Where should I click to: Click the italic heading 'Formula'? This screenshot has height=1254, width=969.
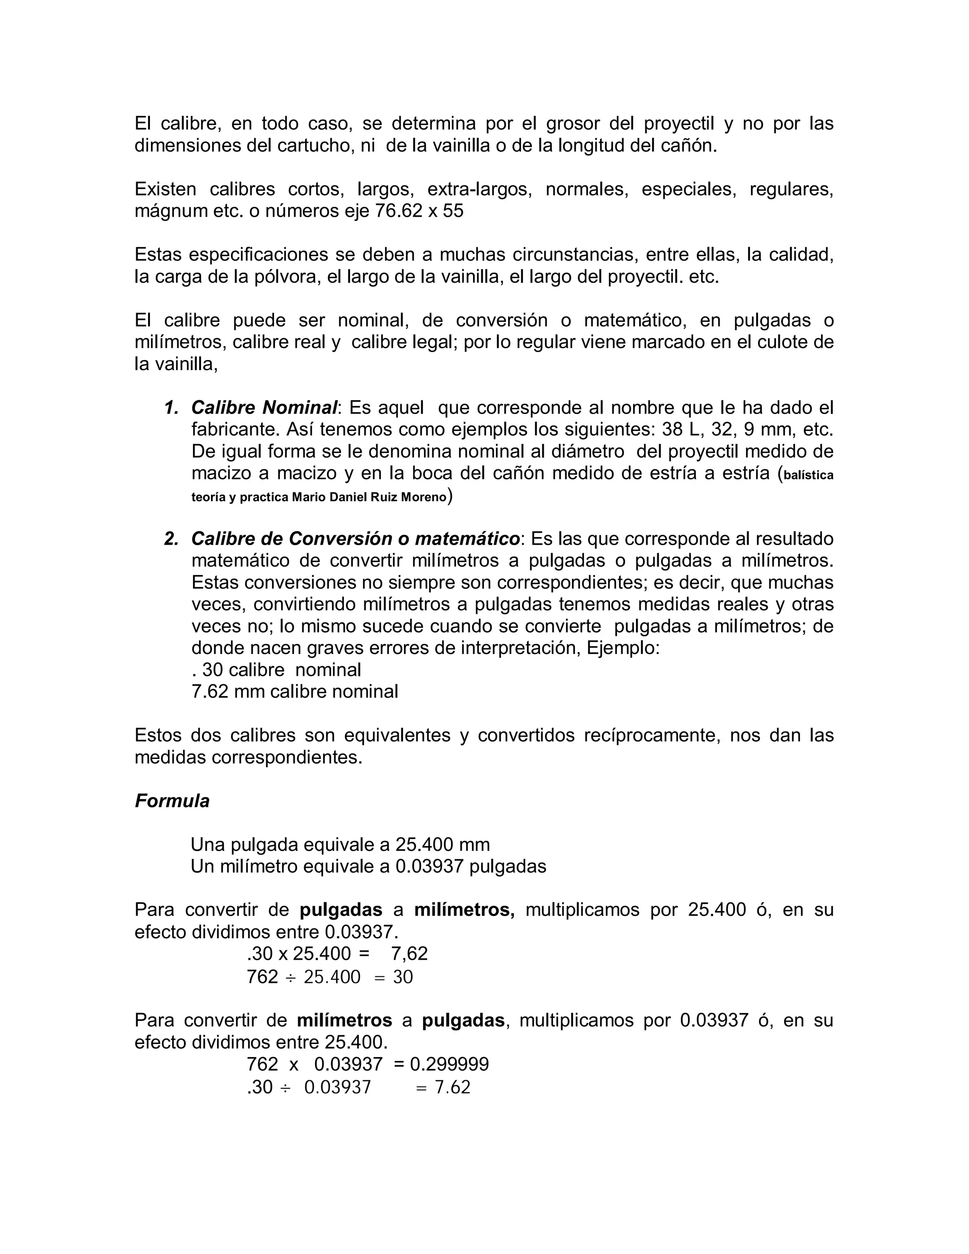click(x=172, y=801)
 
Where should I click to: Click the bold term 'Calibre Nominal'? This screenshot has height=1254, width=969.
click(x=264, y=407)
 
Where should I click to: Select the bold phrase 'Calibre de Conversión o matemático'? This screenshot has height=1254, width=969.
click(x=355, y=539)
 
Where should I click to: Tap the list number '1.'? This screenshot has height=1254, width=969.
click(x=171, y=407)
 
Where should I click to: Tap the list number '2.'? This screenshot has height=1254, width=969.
click(x=171, y=539)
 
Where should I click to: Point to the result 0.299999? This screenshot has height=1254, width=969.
click(x=449, y=1064)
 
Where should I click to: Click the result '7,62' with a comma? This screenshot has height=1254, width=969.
click(x=409, y=954)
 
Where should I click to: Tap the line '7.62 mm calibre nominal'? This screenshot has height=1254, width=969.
click(x=294, y=691)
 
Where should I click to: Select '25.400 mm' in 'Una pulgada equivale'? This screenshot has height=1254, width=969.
click(x=442, y=845)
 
